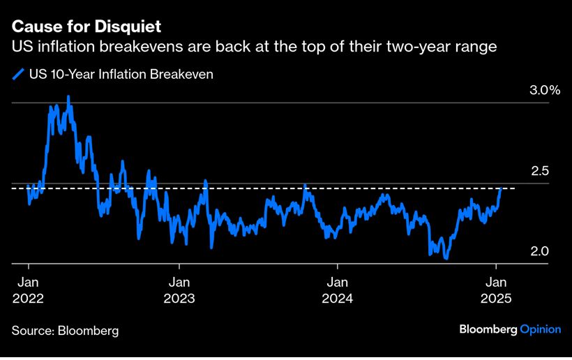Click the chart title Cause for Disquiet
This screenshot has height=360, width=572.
tap(86, 27)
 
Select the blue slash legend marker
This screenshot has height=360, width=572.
tap(17, 74)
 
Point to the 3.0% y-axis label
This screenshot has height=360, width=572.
tap(526, 91)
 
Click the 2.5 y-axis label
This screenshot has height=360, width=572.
tap(531, 171)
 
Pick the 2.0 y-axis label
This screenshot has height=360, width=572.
tap(531, 251)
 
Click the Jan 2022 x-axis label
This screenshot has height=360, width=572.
tap(28, 290)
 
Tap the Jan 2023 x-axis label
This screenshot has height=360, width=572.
tap(179, 290)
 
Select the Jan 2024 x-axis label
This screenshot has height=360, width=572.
tap(338, 290)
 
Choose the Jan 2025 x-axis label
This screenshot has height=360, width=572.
tap(496, 290)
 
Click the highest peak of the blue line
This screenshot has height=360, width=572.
tap(68, 97)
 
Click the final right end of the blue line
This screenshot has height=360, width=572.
tap(501, 188)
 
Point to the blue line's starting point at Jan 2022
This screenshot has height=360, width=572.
tap(28, 186)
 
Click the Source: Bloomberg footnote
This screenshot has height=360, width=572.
tap(65, 330)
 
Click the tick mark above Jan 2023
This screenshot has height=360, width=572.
tap(179, 267)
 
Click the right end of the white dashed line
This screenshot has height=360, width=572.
tap(515, 188)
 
